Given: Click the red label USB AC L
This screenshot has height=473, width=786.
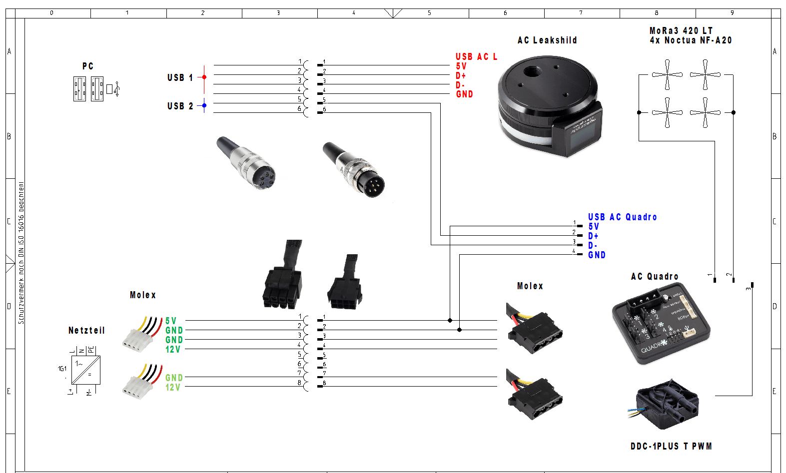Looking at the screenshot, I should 476,57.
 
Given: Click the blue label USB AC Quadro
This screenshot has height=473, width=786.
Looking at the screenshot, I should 622,217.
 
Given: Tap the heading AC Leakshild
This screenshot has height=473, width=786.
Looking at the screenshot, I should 547,40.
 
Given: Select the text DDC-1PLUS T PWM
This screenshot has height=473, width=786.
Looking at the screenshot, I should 671,447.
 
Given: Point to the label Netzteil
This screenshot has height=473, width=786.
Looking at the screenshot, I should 86,331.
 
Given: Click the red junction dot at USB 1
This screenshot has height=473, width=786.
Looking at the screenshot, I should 204,77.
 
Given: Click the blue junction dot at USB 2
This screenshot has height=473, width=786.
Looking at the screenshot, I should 204,105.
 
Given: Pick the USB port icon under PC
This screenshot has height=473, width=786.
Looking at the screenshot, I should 96,89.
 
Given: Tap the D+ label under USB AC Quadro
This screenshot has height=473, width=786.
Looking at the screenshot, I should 593,236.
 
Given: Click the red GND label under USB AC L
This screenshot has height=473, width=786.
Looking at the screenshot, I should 464,94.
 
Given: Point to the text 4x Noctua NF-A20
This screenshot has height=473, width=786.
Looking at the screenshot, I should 691,40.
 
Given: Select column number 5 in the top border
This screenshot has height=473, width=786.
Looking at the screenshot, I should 429,13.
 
